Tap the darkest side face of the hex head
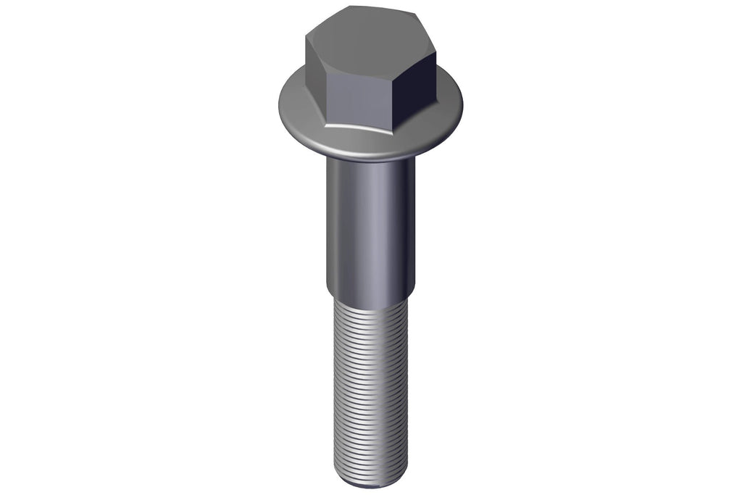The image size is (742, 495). point(414,91)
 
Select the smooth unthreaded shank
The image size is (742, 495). point(370,225)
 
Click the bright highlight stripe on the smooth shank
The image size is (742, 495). point(380,225)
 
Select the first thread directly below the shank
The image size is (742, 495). point(370,304)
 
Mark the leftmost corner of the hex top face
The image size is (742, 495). point(306,38)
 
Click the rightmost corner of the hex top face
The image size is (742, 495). point(435,52)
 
